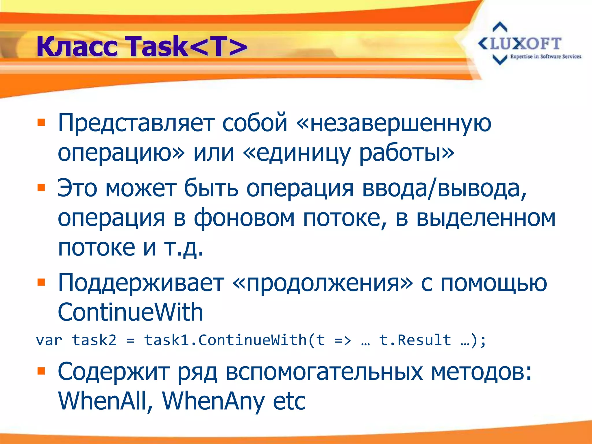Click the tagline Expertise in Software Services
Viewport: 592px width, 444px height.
[545, 57]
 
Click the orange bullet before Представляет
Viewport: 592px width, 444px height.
[41, 123]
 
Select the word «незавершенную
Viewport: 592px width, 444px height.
[394, 123]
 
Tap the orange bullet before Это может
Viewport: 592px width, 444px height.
[41, 188]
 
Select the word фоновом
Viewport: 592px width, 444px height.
[244, 218]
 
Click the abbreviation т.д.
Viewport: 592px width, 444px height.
[184, 248]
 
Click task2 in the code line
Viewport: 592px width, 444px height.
[94, 340]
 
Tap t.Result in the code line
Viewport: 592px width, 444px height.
[415, 340]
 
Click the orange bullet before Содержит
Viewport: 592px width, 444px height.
[41, 371]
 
